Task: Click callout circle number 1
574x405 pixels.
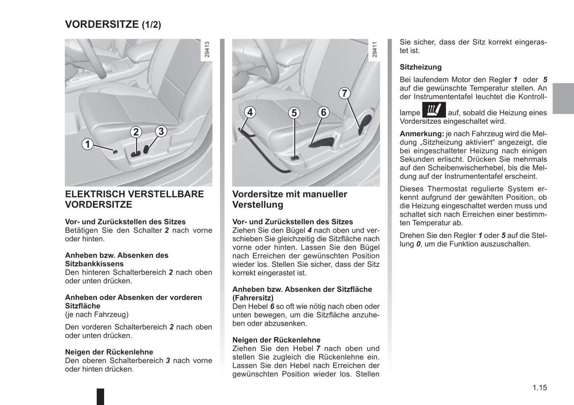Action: (87, 144)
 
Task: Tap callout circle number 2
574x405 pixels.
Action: (136, 132)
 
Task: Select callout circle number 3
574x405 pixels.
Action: (161, 131)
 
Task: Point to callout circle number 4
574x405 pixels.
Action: (250, 112)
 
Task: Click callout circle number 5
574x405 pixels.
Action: (294, 113)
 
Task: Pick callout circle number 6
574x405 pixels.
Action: (323, 112)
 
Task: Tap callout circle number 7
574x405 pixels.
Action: (344, 93)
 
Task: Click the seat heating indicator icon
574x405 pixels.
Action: (434, 110)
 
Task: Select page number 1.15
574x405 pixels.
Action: (540, 388)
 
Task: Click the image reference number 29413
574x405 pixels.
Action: (207, 50)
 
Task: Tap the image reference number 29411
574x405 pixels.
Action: (374, 50)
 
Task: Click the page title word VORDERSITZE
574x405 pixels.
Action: (102, 24)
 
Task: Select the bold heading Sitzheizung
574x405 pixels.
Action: (420, 67)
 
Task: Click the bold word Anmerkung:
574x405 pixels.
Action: (421, 134)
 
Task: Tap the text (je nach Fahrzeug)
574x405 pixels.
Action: (97, 314)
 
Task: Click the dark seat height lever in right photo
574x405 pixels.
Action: (324, 141)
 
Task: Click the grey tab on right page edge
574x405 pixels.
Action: (563, 99)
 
